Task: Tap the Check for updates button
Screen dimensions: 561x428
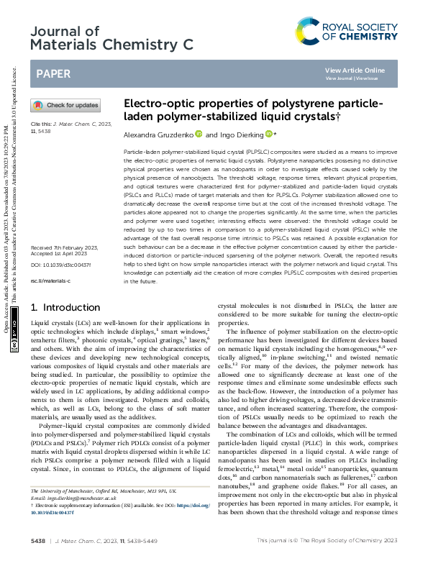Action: (65, 105)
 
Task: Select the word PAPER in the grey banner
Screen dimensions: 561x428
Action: (53, 73)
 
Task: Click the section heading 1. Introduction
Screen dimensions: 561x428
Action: (65, 307)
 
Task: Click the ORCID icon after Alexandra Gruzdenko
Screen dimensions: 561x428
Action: (199, 134)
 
